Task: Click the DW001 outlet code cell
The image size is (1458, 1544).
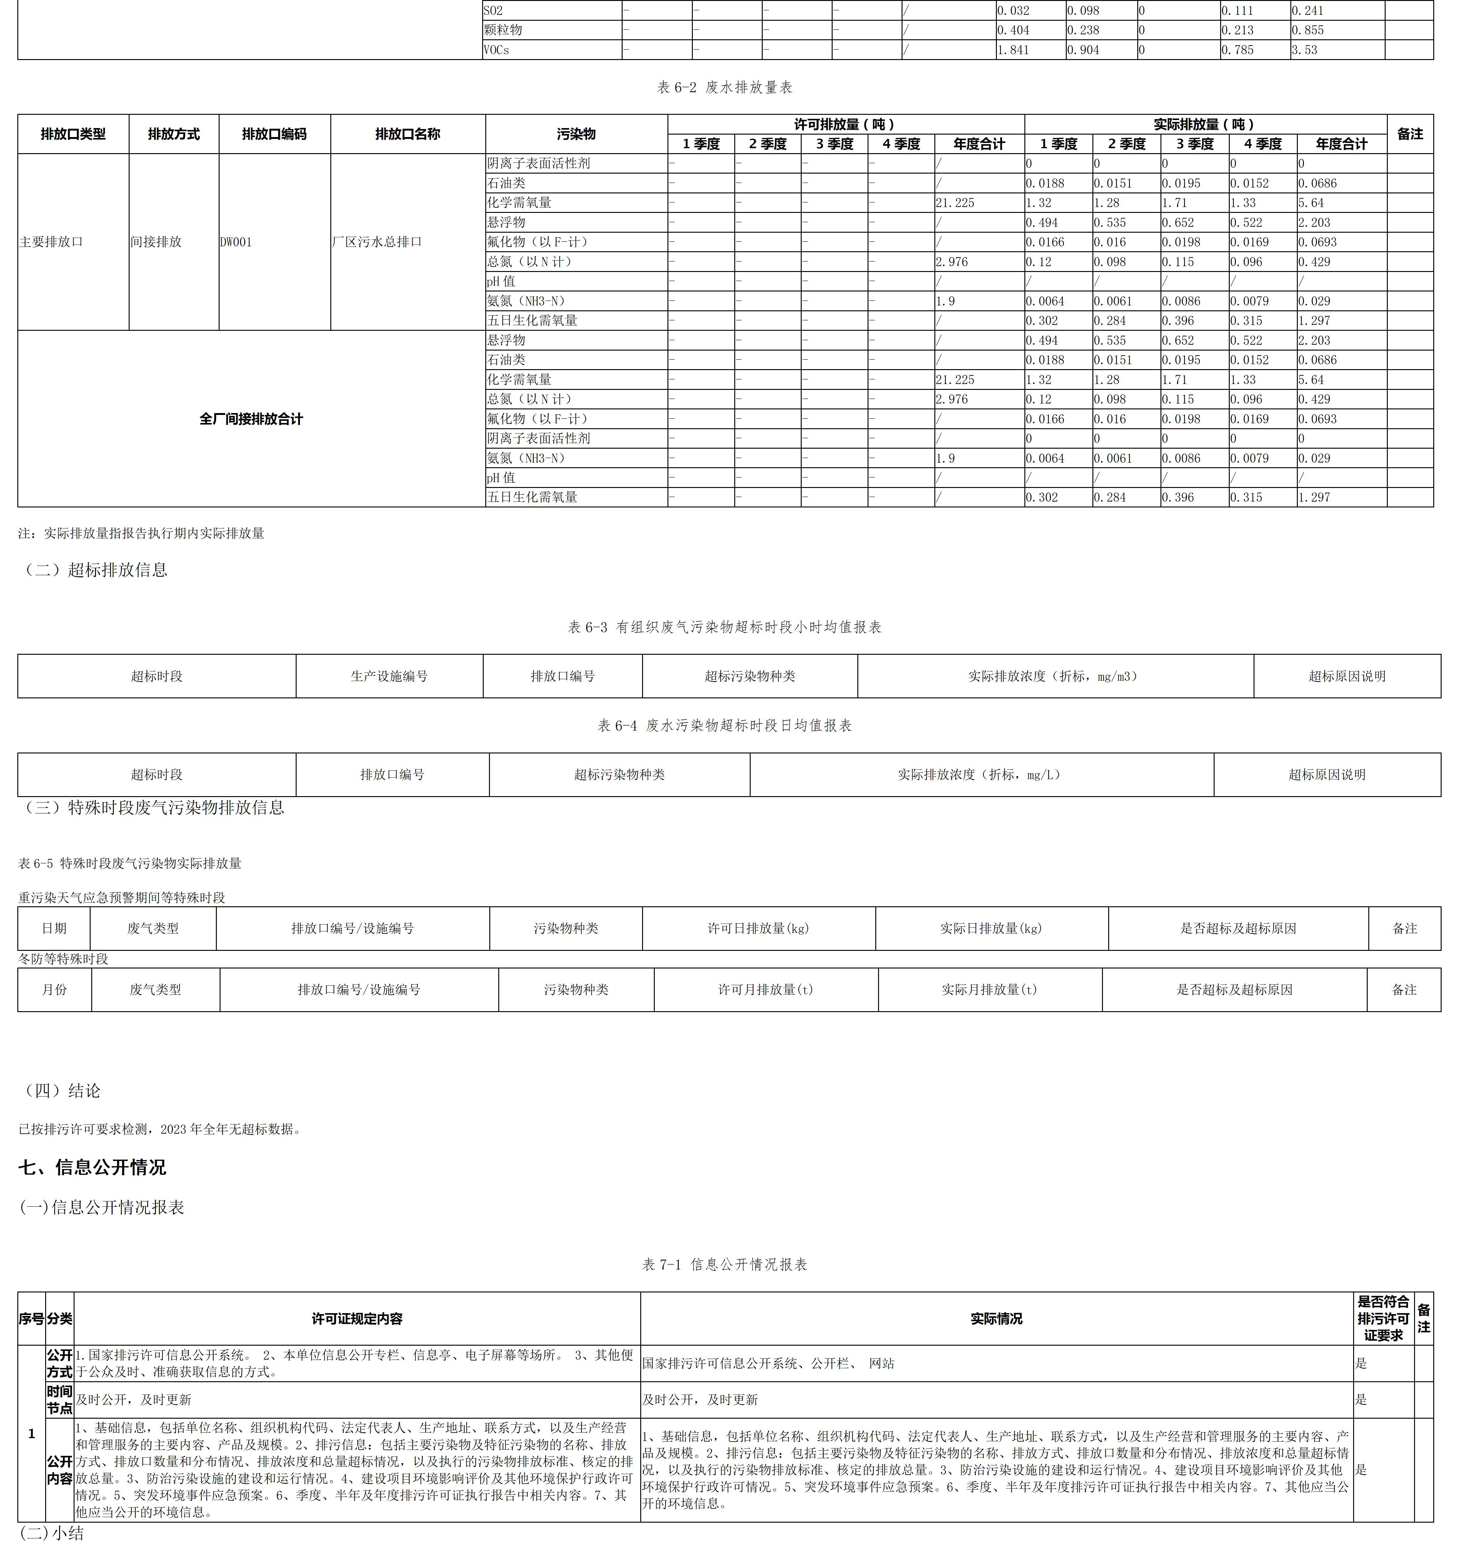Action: click(236, 242)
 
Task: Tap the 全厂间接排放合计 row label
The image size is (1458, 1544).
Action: click(251, 419)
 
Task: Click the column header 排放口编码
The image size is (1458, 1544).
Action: click(274, 134)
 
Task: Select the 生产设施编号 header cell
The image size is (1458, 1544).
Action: click(389, 676)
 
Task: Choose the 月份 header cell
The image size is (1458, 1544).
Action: click(54, 990)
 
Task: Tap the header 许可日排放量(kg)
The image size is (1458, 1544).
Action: click(758, 928)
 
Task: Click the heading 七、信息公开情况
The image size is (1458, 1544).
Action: click(92, 1167)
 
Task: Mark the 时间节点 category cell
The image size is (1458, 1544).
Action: click(59, 1400)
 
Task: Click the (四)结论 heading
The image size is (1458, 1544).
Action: click(62, 1091)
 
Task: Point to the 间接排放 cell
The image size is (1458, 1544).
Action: click(156, 242)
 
